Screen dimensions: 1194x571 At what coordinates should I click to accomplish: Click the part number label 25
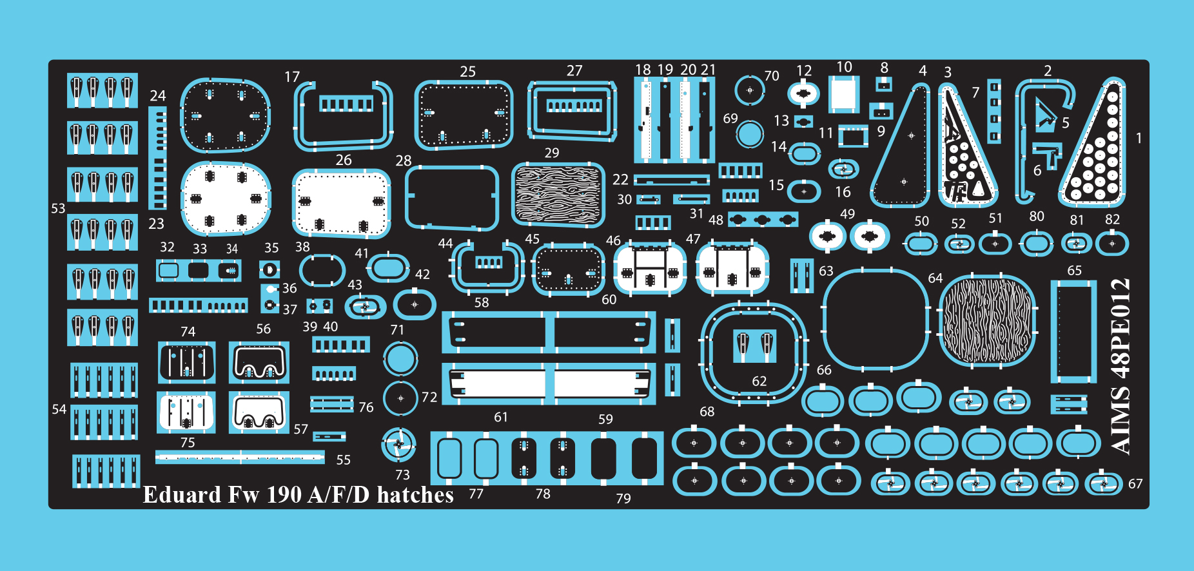pyautogui.click(x=468, y=72)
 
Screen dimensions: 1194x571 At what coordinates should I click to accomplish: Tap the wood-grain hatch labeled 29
pyautogui.click(x=558, y=195)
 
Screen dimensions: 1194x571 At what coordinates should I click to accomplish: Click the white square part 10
pyautogui.click(x=844, y=94)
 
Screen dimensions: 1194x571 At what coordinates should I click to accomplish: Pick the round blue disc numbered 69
pyautogui.click(x=749, y=134)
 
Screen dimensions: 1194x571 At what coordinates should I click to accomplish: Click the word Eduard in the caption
pyautogui.click(x=182, y=495)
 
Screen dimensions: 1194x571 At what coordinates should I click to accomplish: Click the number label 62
pyautogui.click(x=759, y=382)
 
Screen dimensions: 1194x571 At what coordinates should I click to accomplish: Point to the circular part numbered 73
pyautogui.click(x=399, y=444)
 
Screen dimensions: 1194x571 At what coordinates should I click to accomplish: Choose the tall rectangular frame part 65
pyautogui.click(x=1074, y=332)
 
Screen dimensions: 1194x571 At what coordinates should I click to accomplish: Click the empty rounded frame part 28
pyautogui.click(x=452, y=197)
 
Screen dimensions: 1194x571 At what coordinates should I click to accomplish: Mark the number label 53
pyautogui.click(x=58, y=208)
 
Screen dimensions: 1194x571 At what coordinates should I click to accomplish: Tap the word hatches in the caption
pyautogui.click(x=415, y=495)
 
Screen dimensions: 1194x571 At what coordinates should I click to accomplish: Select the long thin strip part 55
pyautogui.click(x=240, y=457)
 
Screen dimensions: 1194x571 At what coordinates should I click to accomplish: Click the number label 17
pyautogui.click(x=292, y=77)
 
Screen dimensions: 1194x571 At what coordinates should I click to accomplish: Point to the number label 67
pyautogui.click(x=1135, y=484)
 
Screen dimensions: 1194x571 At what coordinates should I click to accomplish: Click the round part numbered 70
pyautogui.click(x=750, y=90)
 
